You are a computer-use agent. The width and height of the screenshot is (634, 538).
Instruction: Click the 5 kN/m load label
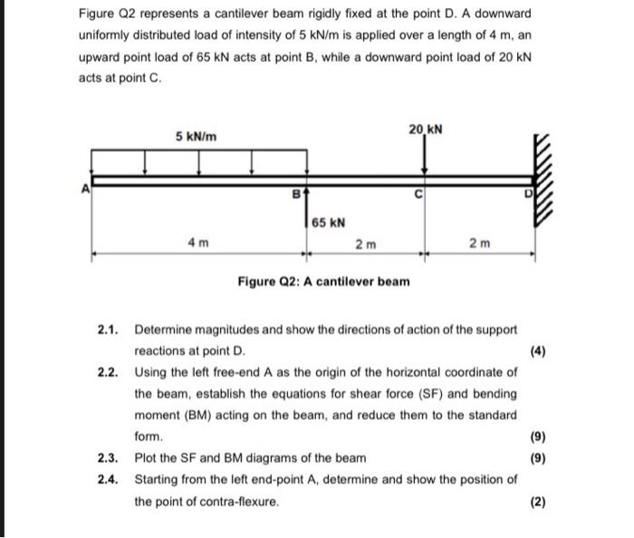tap(197, 136)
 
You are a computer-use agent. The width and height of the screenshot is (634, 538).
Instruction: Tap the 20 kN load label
tap(425, 130)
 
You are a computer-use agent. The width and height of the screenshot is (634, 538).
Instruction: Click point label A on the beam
tap(86, 188)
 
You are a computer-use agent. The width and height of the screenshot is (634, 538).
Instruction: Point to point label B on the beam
tap(294, 194)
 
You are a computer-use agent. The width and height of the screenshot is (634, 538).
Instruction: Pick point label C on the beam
tap(418, 194)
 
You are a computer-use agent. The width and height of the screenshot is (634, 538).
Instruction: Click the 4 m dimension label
tap(198, 244)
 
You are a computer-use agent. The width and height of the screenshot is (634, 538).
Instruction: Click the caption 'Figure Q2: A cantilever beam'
tap(323, 282)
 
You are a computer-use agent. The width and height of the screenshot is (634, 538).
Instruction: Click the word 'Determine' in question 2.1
tap(166, 330)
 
